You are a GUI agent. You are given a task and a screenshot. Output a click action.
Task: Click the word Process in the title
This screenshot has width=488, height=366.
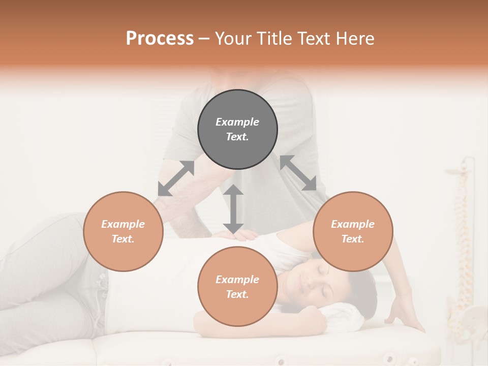160,39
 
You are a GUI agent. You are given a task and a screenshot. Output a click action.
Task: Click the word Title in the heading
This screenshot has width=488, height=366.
274,39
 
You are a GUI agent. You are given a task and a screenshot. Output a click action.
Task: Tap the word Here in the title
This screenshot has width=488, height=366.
355,39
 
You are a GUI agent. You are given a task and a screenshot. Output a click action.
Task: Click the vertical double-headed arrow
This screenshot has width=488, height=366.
233,209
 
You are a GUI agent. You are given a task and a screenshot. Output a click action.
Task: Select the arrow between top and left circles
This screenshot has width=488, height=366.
176,178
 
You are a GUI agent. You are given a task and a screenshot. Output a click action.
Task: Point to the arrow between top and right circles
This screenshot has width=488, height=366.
298,173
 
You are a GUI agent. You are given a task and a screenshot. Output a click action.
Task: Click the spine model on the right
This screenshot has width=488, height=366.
463,254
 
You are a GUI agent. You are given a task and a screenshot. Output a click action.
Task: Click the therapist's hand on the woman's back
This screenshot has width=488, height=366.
239,234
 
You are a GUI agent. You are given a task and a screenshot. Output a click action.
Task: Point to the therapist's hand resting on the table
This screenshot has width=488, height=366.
404,315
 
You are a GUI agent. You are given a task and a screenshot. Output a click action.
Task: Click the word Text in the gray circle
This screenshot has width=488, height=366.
237,137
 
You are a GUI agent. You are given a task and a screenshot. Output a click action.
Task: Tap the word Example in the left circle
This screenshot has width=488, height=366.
123,224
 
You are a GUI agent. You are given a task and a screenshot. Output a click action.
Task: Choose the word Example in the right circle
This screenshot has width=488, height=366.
353,224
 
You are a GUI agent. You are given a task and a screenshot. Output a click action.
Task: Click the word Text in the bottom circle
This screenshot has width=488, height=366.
237,294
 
